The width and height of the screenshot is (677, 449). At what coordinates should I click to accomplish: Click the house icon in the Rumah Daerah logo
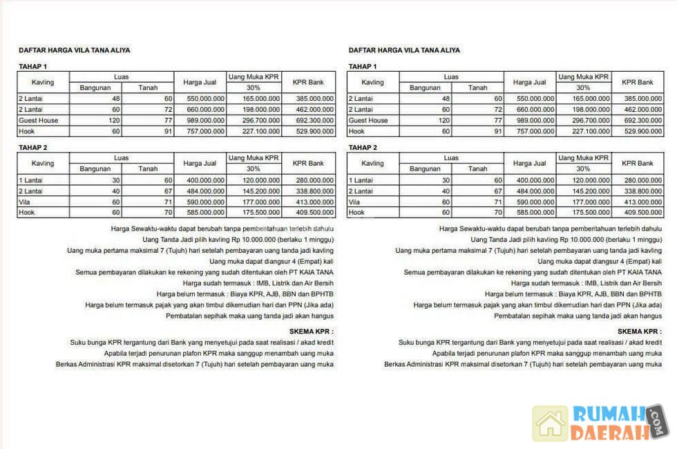551,423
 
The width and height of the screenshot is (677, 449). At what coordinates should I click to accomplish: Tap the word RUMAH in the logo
608,414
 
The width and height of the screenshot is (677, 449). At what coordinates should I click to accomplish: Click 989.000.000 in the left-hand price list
205,120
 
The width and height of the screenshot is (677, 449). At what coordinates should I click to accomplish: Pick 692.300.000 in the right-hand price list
642,120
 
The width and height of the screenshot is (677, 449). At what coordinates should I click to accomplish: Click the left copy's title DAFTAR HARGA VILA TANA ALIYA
74,50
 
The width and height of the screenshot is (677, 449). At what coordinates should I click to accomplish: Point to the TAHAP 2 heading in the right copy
363,147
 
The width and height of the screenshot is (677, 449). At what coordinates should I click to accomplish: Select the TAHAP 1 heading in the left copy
32,66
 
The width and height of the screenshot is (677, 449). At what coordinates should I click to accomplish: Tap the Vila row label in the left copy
25,202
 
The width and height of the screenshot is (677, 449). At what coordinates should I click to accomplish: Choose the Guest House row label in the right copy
368,120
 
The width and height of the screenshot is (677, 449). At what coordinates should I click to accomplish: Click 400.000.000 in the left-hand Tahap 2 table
205,180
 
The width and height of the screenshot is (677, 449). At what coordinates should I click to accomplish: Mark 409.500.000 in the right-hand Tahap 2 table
642,213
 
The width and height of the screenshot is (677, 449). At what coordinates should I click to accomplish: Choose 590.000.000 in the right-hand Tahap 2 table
535,202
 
